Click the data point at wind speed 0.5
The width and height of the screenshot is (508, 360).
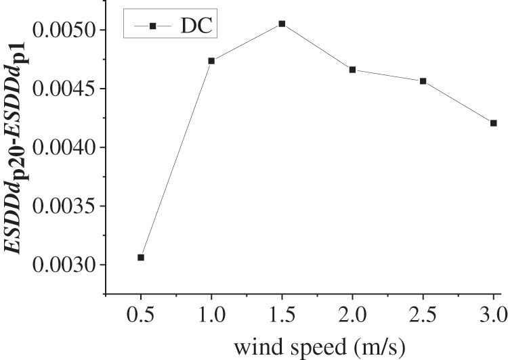[x=141, y=257]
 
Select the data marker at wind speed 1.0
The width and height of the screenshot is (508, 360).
[x=211, y=61]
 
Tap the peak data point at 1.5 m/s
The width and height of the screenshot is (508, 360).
[x=282, y=24]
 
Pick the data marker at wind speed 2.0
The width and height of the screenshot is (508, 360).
[x=352, y=70]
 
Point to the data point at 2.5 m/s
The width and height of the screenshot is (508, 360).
[x=423, y=81]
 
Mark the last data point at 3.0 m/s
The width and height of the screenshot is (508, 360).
[x=493, y=123]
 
